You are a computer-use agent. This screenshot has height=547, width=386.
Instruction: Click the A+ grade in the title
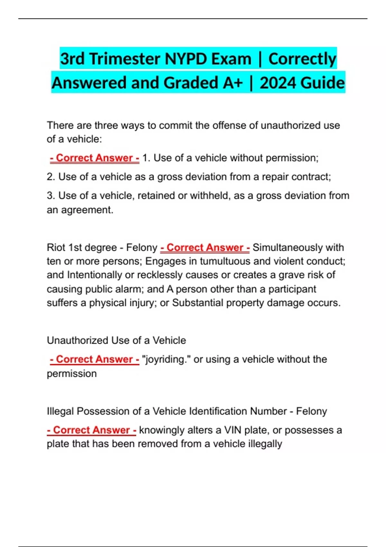click(233, 83)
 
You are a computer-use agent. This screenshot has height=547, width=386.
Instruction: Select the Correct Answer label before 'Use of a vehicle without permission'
click(95, 158)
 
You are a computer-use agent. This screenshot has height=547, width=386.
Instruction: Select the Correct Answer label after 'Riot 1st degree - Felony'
click(205, 247)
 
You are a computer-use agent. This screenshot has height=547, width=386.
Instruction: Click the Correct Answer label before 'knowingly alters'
click(92, 430)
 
